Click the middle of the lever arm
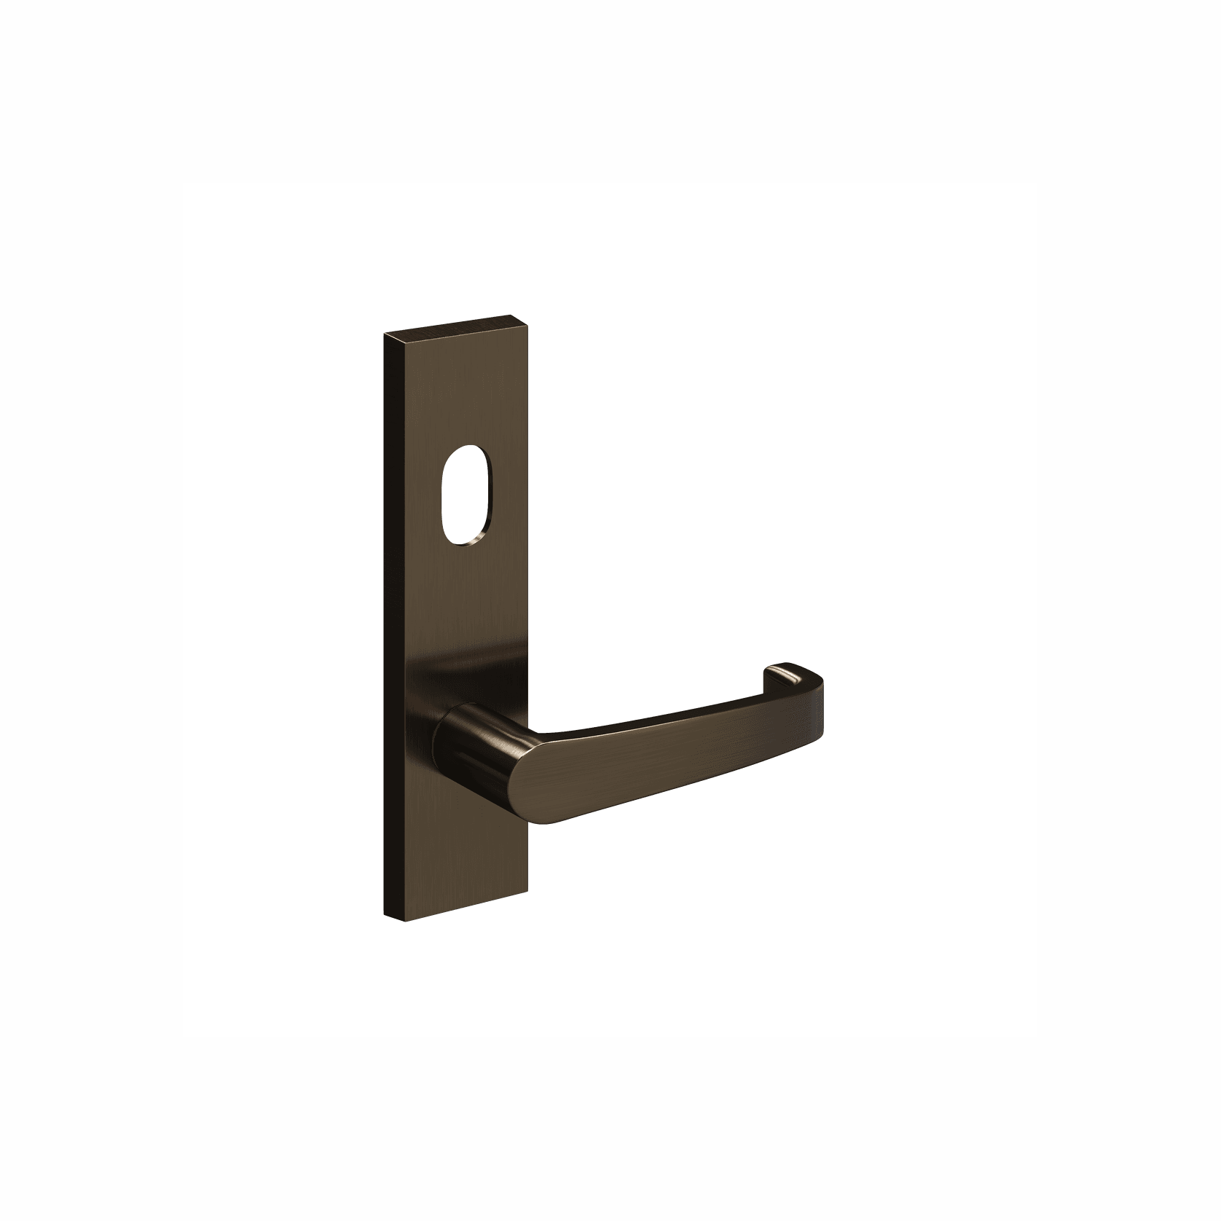pos(656,750)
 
